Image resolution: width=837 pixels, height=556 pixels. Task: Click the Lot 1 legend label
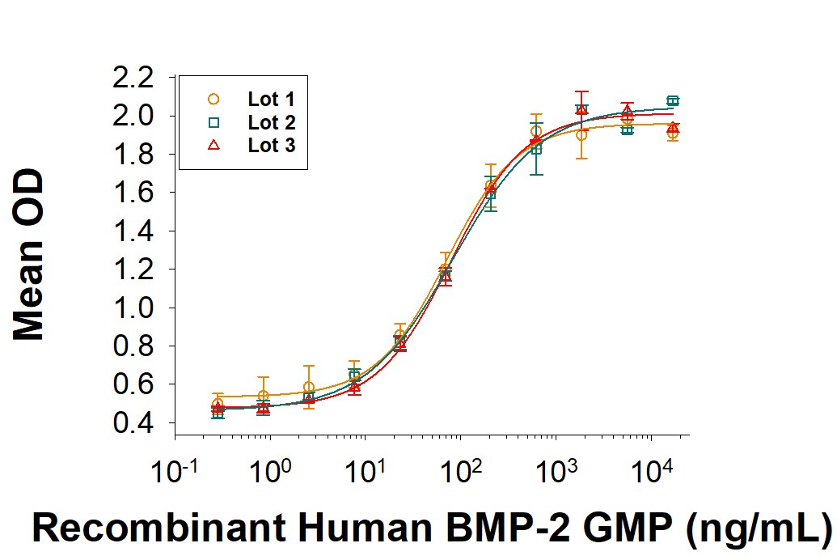click(271, 100)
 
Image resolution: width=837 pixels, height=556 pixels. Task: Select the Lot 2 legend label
click(271, 123)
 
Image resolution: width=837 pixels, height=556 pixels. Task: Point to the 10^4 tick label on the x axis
click(651, 469)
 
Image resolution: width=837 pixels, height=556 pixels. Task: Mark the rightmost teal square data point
click(673, 101)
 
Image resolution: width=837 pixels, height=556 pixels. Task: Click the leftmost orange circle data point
click(218, 404)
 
